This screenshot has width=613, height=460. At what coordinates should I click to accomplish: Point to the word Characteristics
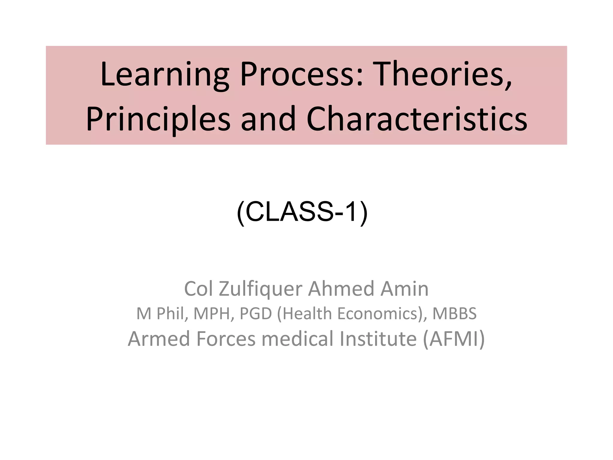[416, 119]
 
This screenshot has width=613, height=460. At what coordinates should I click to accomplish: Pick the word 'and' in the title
[268, 119]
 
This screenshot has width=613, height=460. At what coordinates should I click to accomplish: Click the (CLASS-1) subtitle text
[302, 212]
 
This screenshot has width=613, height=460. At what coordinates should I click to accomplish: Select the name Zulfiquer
[260, 289]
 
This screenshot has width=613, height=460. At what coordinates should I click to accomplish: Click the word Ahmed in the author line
[341, 289]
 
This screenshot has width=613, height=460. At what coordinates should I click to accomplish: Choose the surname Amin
[404, 289]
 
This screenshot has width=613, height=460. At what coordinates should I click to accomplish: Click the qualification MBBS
[454, 314]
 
